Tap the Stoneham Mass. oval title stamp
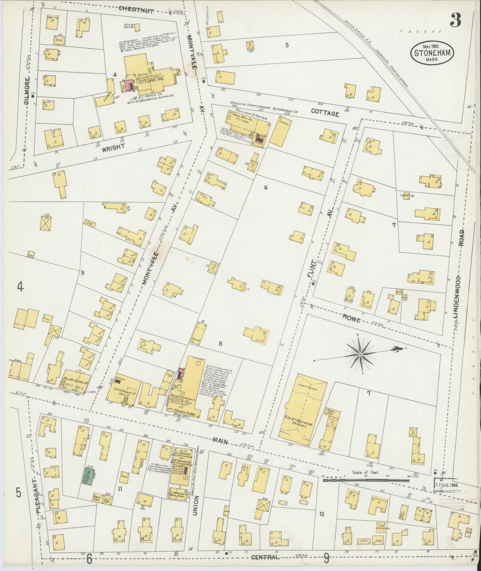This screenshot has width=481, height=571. (431, 53)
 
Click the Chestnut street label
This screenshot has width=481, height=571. (136, 10)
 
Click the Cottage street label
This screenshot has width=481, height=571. (325, 113)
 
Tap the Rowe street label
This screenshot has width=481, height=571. (353, 319)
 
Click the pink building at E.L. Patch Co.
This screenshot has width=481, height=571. (128, 85)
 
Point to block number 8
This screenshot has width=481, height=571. (220, 344)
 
